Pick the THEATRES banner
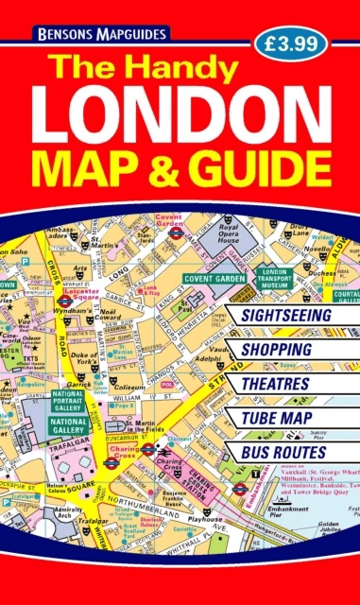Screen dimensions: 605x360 click(x=275, y=384)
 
